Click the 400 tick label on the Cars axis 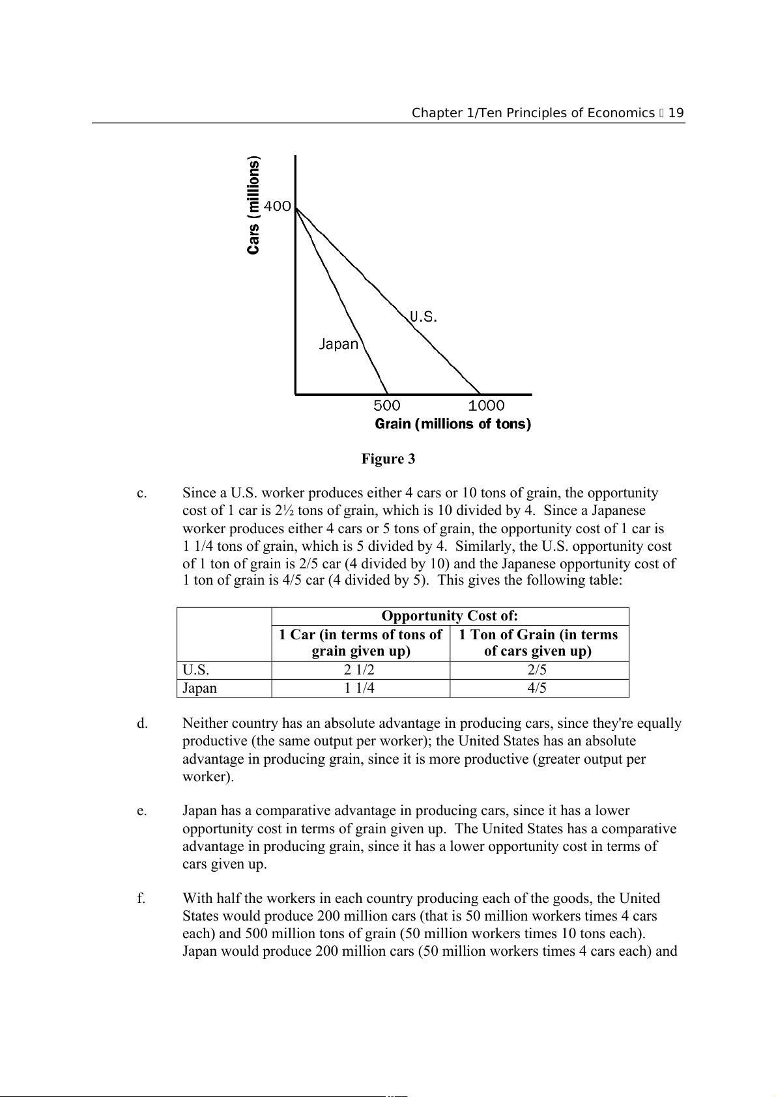point(277,206)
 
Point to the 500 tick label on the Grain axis point(386,406)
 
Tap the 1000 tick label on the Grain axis point(486,406)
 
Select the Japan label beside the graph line point(339,344)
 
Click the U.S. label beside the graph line point(424,317)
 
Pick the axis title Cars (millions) point(253,205)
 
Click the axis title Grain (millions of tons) point(453,424)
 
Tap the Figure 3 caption point(388,459)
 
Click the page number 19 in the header point(676,113)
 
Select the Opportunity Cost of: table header point(450,616)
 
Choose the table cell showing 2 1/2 point(360,670)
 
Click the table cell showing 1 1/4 point(360,688)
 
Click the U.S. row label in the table point(195,670)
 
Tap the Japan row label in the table point(199,688)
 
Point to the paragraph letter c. point(141,493)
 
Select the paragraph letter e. point(141,811)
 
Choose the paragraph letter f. point(141,898)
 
